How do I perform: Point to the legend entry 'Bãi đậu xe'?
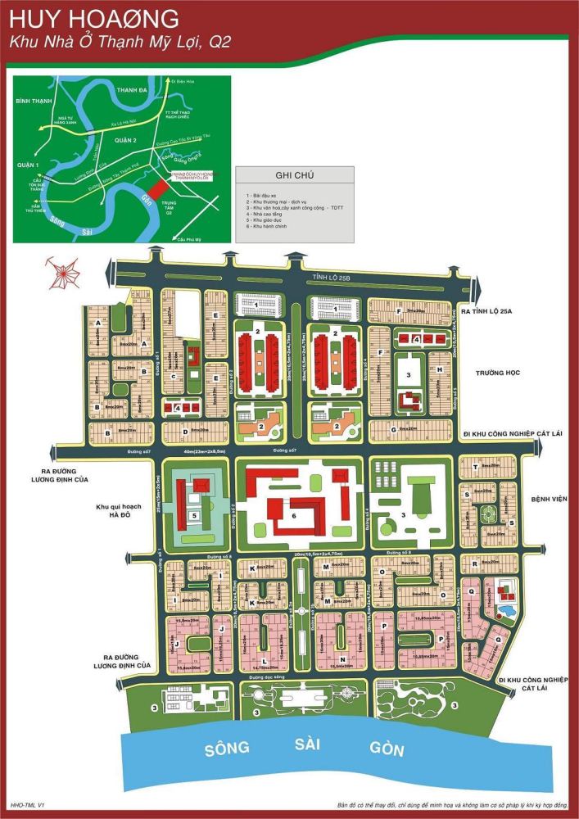[x=261, y=197]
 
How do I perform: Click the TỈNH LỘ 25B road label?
[x=330, y=278]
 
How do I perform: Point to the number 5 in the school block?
[x=193, y=515]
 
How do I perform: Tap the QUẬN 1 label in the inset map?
[x=29, y=165]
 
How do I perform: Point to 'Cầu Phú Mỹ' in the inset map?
[x=188, y=239]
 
